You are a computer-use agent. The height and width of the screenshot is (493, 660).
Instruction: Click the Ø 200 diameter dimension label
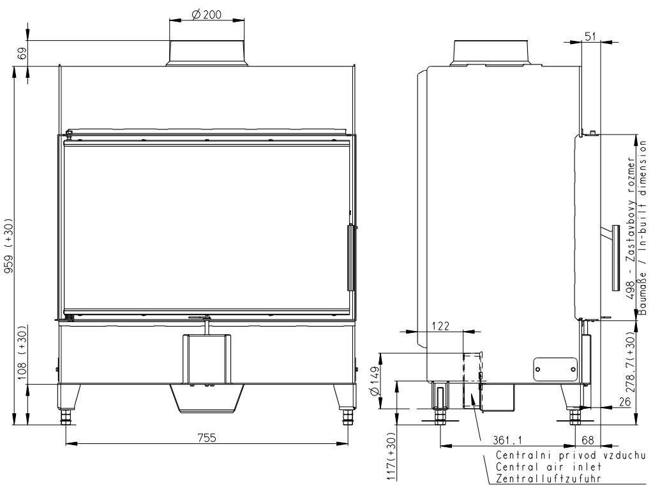coord(207,15)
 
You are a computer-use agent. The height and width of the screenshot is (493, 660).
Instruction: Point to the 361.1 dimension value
coord(509,439)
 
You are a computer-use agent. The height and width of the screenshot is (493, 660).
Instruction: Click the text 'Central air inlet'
coord(538,467)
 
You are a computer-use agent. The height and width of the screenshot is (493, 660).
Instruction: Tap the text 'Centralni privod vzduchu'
coord(571,455)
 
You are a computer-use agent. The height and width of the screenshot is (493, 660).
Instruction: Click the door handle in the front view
coord(350,258)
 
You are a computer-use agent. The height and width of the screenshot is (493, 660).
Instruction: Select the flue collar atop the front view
coord(206,53)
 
